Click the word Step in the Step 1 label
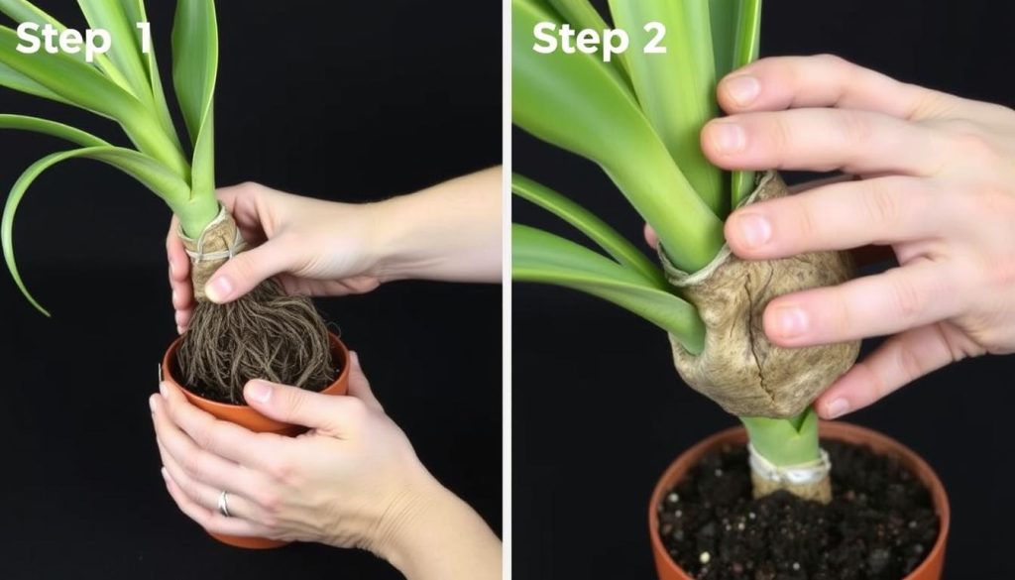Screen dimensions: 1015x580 pos(62,39)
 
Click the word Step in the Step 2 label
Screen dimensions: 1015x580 pos(580,39)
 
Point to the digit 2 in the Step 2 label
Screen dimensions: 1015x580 pos(654,37)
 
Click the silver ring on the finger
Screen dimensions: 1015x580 pos(224,504)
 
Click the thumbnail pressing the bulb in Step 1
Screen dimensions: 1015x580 pos(219,289)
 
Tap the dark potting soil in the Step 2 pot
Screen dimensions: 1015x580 pos(796,524)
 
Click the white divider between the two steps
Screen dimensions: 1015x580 pos(507,290)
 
